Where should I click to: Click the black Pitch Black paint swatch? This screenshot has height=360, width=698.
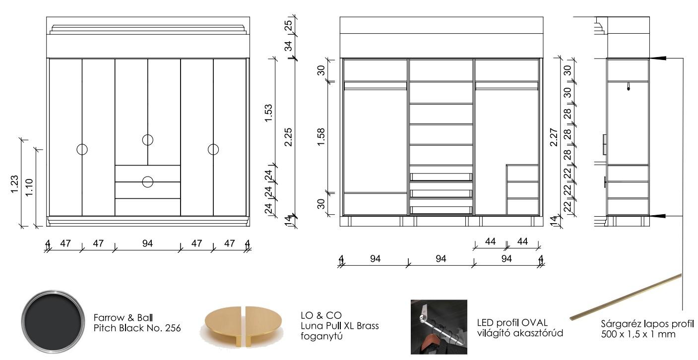pyautogui.click(x=53, y=321)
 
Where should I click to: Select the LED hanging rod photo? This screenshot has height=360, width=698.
pyautogui.click(x=439, y=327)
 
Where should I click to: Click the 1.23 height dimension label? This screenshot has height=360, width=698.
pyautogui.click(x=15, y=184)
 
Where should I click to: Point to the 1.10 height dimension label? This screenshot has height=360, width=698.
pyautogui.click(x=29, y=187)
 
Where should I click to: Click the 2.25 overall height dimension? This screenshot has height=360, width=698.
pyautogui.click(x=289, y=137)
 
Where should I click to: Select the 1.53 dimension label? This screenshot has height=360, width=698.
pyautogui.click(x=268, y=113)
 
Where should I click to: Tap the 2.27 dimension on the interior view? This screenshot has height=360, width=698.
pyautogui.click(x=554, y=137)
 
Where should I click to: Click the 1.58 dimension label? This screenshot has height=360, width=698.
pyautogui.click(x=321, y=137)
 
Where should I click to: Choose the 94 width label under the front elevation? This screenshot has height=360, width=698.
pyautogui.click(x=147, y=243)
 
